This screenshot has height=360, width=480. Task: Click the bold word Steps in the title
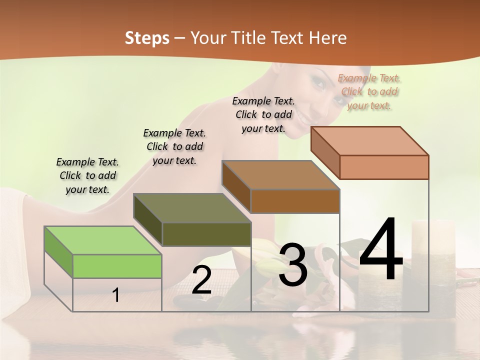tap(147, 38)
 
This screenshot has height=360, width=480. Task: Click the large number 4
tap(381, 250)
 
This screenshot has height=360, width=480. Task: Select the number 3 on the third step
tap(293, 265)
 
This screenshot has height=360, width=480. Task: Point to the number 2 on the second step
tap(201, 280)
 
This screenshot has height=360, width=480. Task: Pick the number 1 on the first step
tap(116, 295)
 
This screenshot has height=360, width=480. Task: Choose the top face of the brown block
tap(280, 174)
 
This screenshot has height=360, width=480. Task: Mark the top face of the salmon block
tap(369, 140)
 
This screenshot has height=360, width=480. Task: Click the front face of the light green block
tap(117, 266)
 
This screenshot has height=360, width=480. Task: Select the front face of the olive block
tap(206, 234)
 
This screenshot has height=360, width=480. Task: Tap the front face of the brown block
tap(295, 201)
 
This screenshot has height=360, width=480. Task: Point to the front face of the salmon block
tap(384, 167)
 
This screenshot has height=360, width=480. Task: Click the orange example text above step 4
tap(369, 91)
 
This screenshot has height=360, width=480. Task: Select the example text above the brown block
tap(263, 114)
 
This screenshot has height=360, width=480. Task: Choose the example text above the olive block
tap(174, 146)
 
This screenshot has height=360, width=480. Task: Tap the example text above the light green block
tap(87, 175)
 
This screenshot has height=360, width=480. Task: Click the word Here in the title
tap(329, 38)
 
